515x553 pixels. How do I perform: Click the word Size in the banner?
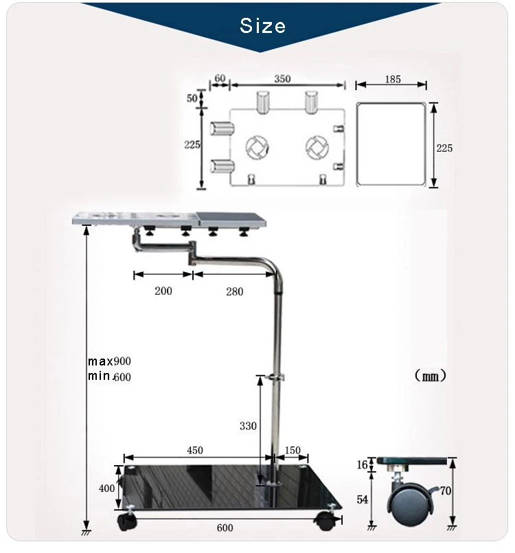(x=262, y=25)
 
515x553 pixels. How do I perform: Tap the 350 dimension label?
(x=283, y=78)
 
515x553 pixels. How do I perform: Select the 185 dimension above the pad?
(x=393, y=79)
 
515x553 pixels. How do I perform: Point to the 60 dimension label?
(x=220, y=78)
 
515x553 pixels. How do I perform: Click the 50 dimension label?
(x=192, y=98)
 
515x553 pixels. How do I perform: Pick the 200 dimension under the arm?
(x=163, y=291)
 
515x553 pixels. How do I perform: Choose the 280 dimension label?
(x=235, y=292)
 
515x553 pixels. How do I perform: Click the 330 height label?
(x=248, y=426)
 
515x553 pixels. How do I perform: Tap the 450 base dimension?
(x=195, y=450)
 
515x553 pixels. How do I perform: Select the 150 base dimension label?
(x=293, y=450)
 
